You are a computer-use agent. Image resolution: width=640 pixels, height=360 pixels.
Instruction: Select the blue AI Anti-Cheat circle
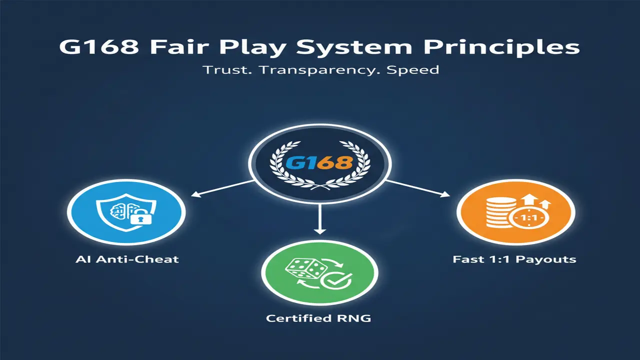(126, 212)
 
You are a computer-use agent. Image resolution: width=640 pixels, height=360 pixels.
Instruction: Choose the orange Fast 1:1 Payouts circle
(515, 212)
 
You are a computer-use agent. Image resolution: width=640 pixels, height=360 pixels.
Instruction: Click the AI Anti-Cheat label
(126, 259)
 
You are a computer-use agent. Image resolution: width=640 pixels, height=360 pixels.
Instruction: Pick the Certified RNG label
(318, 318)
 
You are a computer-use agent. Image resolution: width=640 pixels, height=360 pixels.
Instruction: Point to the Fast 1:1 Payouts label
(514, 259)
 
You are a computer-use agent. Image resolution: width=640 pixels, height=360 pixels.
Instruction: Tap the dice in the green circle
(304, 270)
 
